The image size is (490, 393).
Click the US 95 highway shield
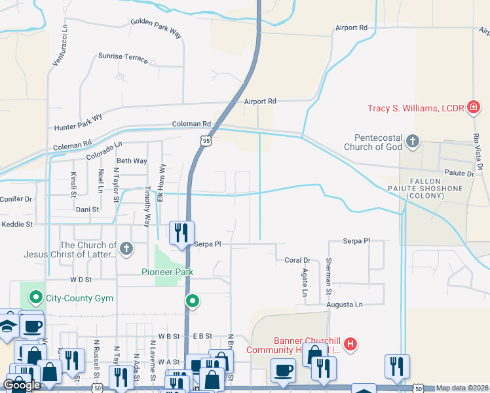tap(207, 141)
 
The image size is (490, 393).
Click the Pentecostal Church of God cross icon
tap(412, 141)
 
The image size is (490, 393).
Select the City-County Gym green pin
tap(37, 298)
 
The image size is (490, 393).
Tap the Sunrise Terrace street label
tap(123, 57)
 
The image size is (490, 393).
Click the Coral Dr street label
tap(297, 260)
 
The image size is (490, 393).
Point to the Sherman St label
tap(329, 276)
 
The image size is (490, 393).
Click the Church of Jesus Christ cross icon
tap(126, 248)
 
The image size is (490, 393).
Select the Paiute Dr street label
tap(459, 174)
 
